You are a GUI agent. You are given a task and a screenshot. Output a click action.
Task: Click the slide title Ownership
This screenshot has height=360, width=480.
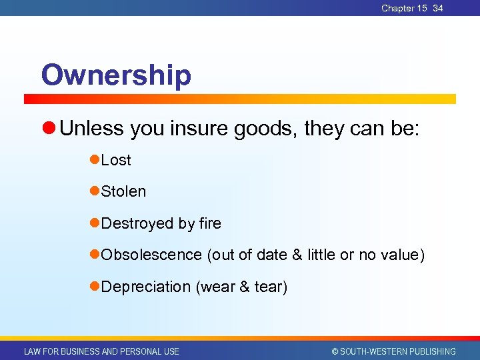pos(116,75)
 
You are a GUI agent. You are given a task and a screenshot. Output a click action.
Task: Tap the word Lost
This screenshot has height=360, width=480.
pos(116,160)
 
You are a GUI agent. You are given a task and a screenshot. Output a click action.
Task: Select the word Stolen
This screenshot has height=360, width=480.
pos(123,191)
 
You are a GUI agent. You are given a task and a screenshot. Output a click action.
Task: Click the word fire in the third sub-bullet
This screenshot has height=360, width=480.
pos(210,223)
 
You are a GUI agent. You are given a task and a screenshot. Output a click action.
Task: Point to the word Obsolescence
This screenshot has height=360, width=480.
pos(151,255)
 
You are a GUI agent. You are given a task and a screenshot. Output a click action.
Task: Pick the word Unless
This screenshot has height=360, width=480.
pos(92,129)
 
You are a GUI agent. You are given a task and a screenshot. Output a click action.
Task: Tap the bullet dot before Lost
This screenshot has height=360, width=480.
pos(95,160)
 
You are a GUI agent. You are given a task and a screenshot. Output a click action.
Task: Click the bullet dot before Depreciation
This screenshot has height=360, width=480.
pos(95,287)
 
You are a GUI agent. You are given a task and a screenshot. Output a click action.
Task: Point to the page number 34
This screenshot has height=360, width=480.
pos(437,8)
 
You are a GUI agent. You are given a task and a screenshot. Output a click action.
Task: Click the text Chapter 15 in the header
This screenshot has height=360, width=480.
pos(404,8)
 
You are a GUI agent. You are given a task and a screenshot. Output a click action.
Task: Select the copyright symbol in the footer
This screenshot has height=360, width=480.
pos(335,351)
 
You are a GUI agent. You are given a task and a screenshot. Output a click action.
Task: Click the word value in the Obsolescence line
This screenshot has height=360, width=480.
pos(398,255)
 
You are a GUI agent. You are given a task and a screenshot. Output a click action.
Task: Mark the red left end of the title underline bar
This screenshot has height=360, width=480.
pos(28,99)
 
